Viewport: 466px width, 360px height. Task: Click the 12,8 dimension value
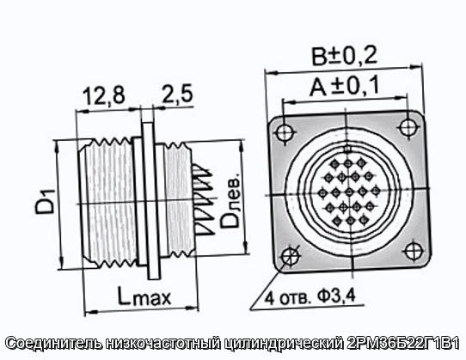point(104,95)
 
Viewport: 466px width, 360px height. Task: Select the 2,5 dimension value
point(178,94)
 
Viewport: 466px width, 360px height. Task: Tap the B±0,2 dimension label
point(344,56)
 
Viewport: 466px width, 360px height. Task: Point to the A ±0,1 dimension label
point(344,85)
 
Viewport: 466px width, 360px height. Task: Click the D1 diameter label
point(46,201)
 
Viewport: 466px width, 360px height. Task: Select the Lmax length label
point(144,296)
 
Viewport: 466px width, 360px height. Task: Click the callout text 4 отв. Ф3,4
point(310,297)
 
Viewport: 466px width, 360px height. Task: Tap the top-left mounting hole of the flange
point(285,132)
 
